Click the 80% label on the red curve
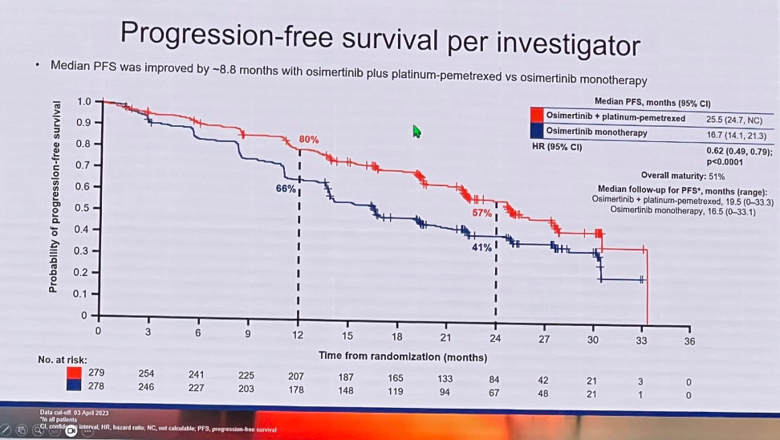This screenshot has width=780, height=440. pyautogui.click(x=309, y=140)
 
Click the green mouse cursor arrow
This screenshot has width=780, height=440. pyautogui.click(x=416, y=131)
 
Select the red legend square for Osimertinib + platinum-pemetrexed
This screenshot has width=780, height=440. pyautogui.click(x=537, y=117)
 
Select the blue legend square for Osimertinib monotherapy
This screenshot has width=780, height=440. pyautogui.click(x=537, y=132)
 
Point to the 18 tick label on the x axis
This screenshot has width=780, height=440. pyautogui.click(x=396, y=336)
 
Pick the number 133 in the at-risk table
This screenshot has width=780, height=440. pyautogui.click(x=446, y=379)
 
